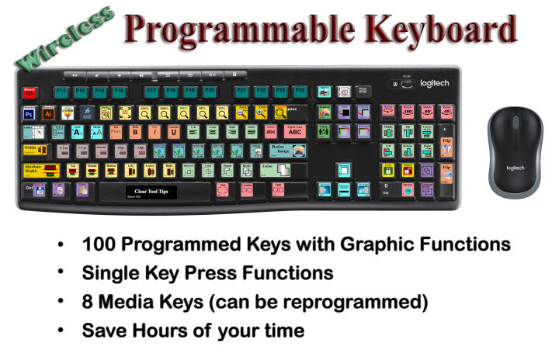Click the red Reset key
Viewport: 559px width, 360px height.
coord(30,92)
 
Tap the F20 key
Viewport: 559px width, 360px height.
coord(209,92)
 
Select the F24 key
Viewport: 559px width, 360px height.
coord(300,92)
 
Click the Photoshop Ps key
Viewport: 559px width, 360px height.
coord(30,113)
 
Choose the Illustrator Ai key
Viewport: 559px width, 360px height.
coord(48,113)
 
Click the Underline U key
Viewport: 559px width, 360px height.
coord(174,131)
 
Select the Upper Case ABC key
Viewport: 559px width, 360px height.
coord(295,131)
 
